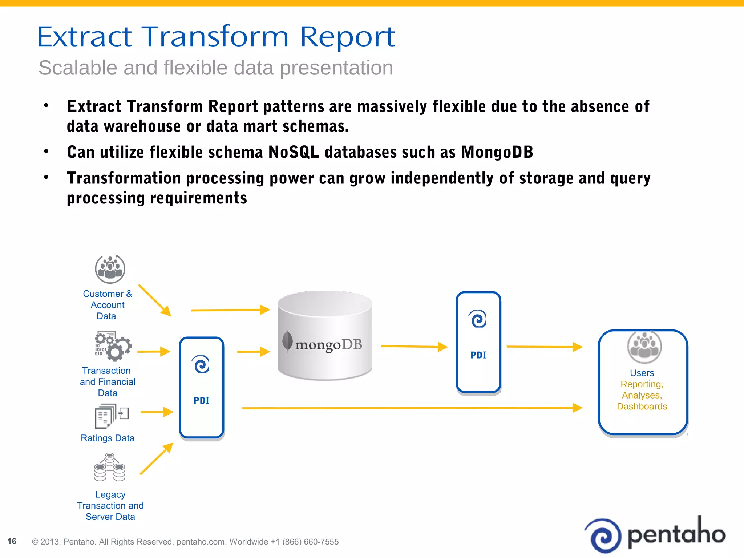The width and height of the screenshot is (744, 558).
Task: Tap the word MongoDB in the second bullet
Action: point(497,152)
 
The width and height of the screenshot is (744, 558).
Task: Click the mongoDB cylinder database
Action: point(324,336)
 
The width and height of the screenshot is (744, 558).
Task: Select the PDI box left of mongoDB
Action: point(202,388)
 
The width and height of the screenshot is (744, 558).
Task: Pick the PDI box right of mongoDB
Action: point(478,342)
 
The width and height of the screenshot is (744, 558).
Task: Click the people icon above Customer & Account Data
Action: point(110,269)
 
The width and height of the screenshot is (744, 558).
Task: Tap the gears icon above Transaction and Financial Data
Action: point(113,346)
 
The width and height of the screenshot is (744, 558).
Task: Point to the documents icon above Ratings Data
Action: point(111,416)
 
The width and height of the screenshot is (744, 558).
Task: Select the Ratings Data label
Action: point(108,438)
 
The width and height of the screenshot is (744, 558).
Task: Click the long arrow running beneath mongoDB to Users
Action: point(411,408)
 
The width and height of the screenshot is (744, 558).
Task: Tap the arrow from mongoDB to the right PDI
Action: point(414,347)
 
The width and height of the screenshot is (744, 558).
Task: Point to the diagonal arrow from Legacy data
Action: point(156,459)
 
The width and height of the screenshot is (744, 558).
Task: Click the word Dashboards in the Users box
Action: point(642,407)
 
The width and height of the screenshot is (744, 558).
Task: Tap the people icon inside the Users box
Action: point(644,347)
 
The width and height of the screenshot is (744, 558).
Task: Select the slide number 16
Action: point(12,541)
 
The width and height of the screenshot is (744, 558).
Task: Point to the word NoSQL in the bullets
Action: point(294,152)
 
